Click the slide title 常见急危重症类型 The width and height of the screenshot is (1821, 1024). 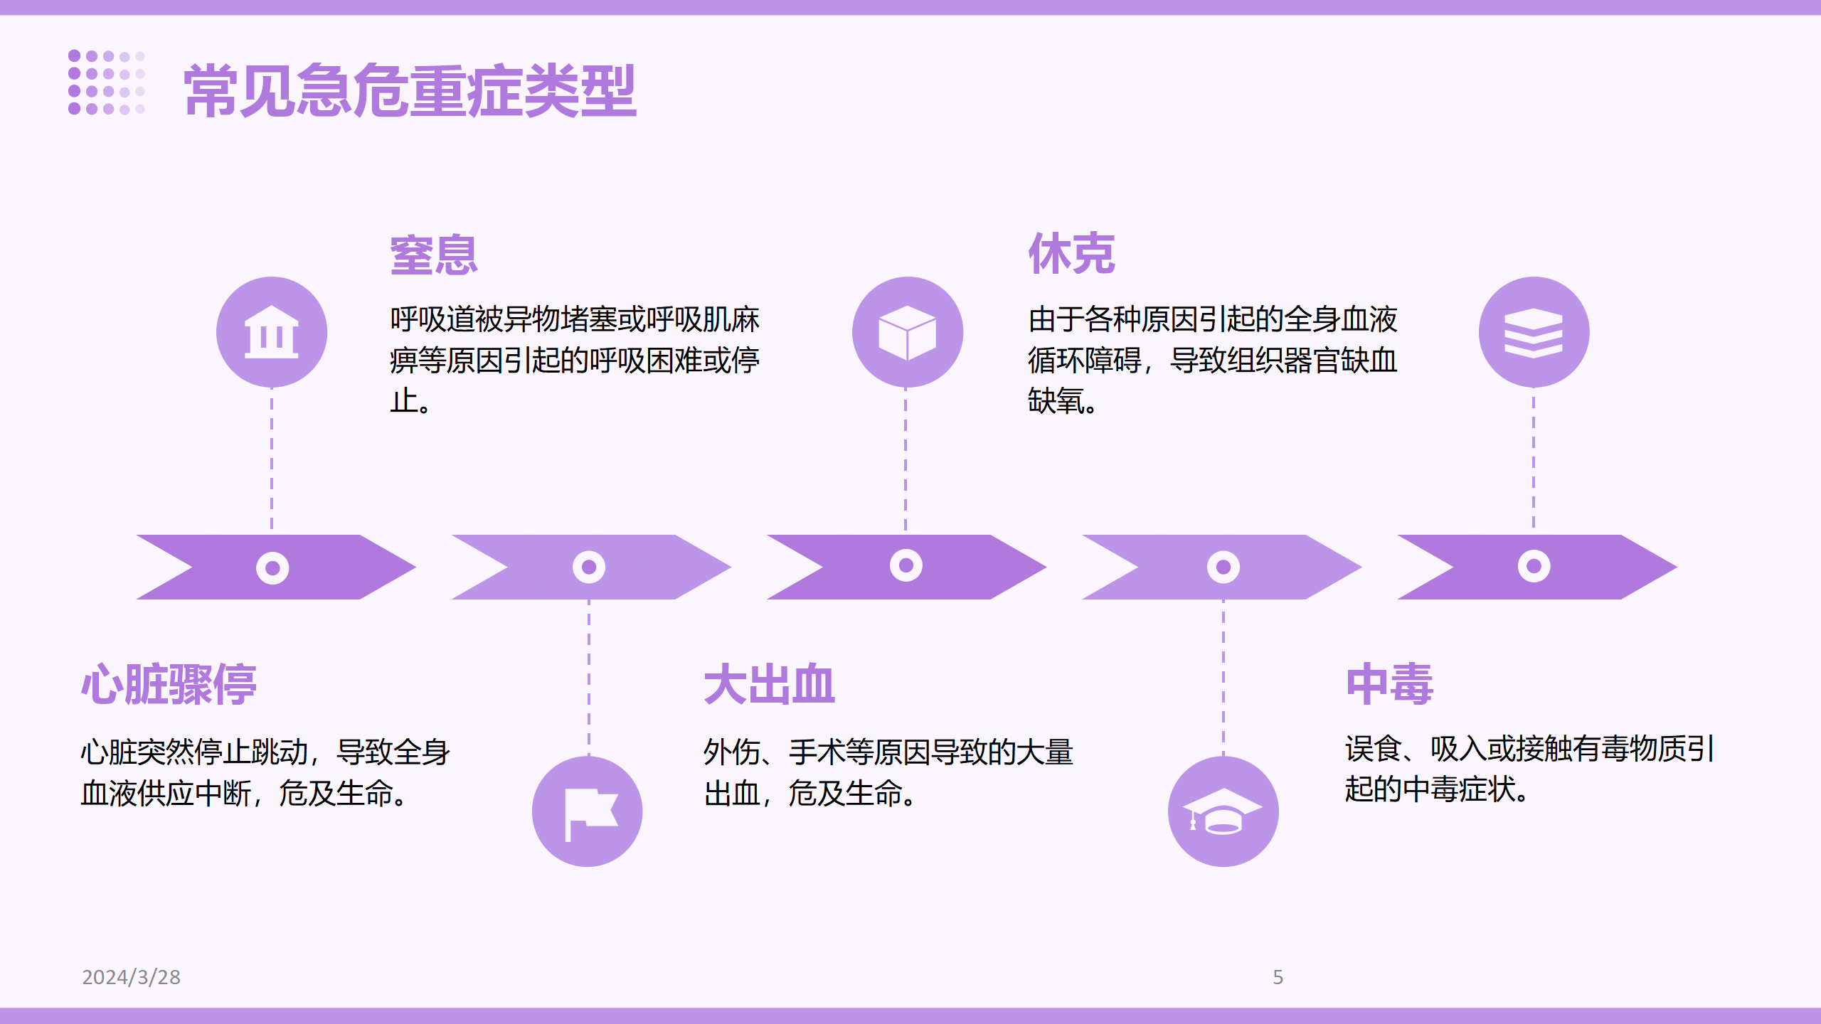(x=410, y=90)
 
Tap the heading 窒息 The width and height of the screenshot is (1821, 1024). (x=434, y=255)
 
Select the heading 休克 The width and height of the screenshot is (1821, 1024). (x=1071, y=253)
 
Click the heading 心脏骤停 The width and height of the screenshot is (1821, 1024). (x=169, y=684)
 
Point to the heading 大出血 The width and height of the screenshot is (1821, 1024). (x=769, y=684)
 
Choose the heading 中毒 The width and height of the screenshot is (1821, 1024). (x=1389, y=684)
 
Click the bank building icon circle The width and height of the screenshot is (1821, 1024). (x=272, y=332)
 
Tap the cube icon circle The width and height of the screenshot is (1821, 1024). (x=908, y=332)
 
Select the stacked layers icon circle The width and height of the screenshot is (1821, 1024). (x=1534, y=332)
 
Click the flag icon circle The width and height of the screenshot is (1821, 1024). (x=588, y=811)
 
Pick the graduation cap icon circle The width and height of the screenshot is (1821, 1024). (x=1223, y=811)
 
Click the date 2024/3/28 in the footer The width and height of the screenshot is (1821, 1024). (x=132, y=977)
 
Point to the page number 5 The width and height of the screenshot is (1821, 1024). (x=1278, y=977)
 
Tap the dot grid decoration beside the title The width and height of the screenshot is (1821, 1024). (x=107, y=82)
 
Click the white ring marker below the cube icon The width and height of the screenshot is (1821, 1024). (x=906, y=566)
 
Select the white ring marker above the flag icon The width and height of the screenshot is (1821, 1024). (x=589, y=567)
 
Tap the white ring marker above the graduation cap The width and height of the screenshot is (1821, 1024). (x=1223, y=567)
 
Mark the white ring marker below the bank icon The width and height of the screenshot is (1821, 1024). (x=272, y=568)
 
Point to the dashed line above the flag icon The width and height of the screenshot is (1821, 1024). (x=589, y=678)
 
